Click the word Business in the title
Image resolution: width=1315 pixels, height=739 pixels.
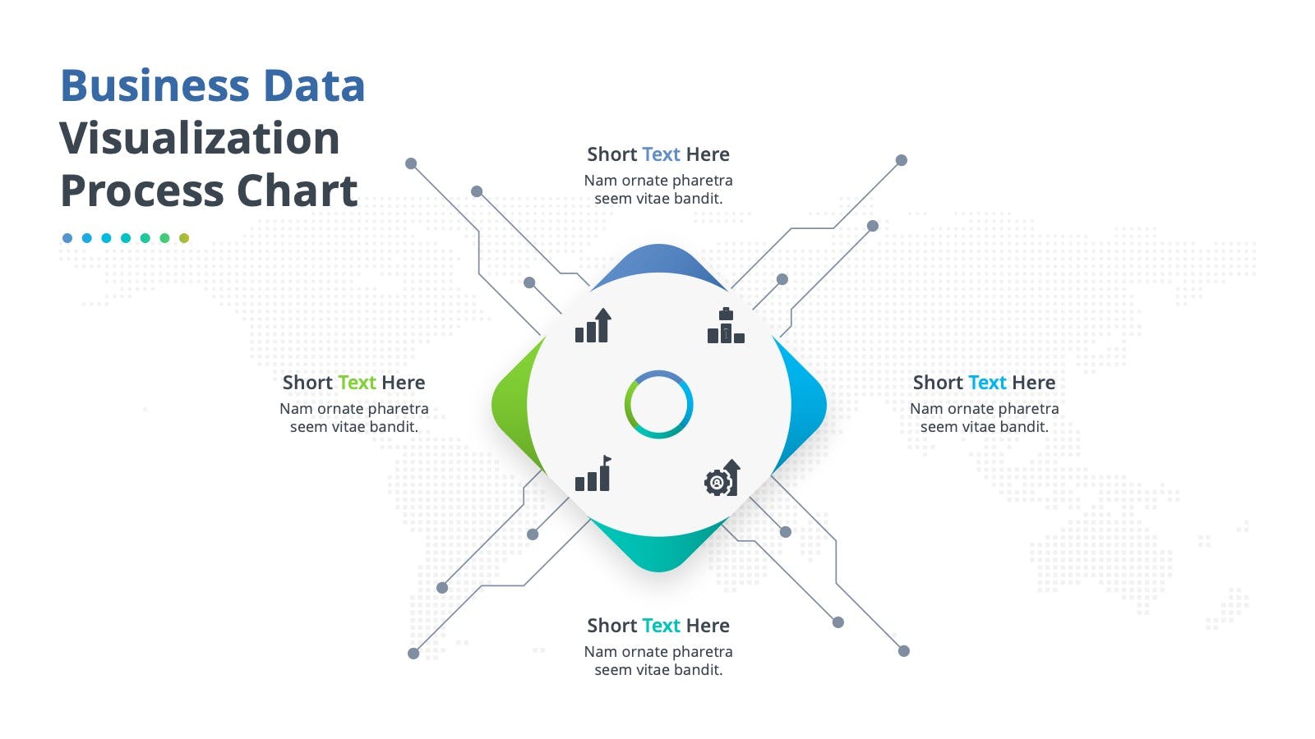[x=155, y=85]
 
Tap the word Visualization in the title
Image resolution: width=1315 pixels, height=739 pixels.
[x=200, y=139]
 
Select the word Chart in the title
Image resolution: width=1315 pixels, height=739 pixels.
[x=297, y=191]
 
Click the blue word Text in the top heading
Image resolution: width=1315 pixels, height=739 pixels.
[x=661, y=154]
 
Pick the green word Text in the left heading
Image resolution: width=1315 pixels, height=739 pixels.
[x=357, y=383]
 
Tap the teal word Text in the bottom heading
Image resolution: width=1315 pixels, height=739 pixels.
[x=661, y=626]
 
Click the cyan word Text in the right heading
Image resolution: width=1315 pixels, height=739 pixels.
[x=987, y=383]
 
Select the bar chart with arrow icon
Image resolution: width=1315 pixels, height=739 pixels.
[x=593, y=325]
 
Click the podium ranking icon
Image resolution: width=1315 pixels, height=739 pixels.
[x=726, y=325]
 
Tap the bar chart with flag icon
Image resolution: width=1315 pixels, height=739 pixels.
[x=593, y=473]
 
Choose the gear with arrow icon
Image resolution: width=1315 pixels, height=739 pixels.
[x=722, y=478]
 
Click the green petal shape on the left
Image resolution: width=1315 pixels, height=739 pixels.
[x=510, y=405]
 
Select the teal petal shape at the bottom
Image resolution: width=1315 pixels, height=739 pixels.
[x=658, y=551]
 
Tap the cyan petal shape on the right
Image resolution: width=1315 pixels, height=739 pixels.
[x=809, y=405]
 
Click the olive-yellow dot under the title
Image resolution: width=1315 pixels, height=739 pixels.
[x=184, y=238]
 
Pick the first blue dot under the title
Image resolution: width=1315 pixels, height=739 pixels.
[x=67, y=238]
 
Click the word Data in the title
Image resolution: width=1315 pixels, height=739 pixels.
[x=314, y=85]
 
